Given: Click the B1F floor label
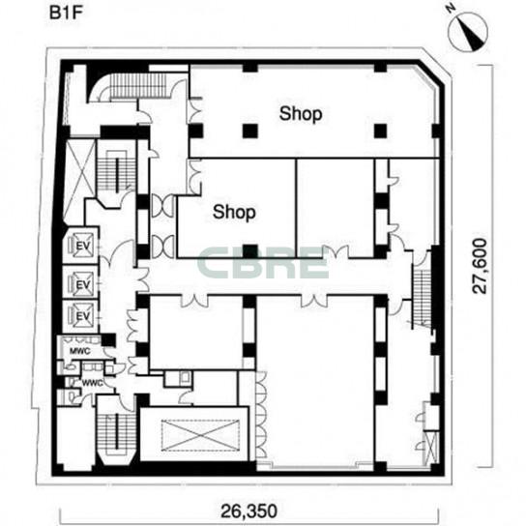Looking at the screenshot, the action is (66, 14).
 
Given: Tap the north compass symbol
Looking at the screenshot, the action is (468, 32).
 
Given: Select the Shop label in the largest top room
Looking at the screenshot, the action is (301, 114).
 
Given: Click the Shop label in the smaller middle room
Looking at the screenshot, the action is (234, 212).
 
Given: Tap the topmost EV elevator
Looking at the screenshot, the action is (80, 246).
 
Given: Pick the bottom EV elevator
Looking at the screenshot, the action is (80, 316).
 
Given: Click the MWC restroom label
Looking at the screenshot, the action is (80, 351).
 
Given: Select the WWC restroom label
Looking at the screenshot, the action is (92, 383).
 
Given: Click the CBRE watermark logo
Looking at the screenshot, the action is (262, 263).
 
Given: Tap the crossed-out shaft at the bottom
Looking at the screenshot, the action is (200, 435).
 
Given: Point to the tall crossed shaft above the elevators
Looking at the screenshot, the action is (79, 181).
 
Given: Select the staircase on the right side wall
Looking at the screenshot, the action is (422, 295).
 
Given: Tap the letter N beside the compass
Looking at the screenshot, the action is (451, 9).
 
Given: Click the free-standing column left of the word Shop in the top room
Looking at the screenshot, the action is (250, 131).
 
